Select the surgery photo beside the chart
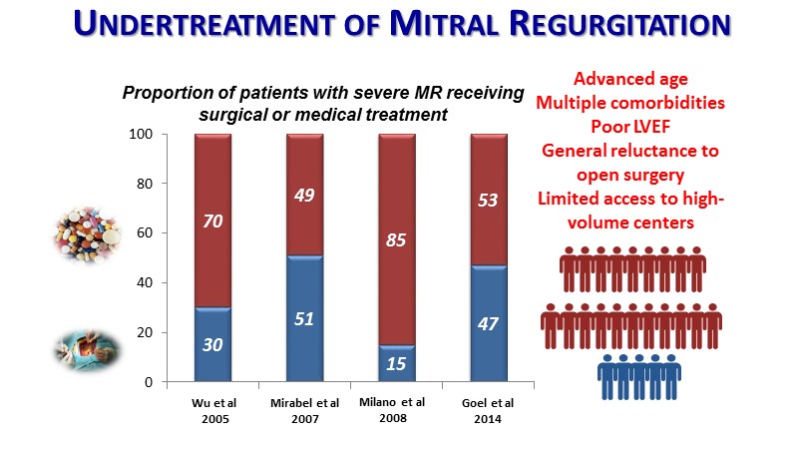(88, 351)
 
